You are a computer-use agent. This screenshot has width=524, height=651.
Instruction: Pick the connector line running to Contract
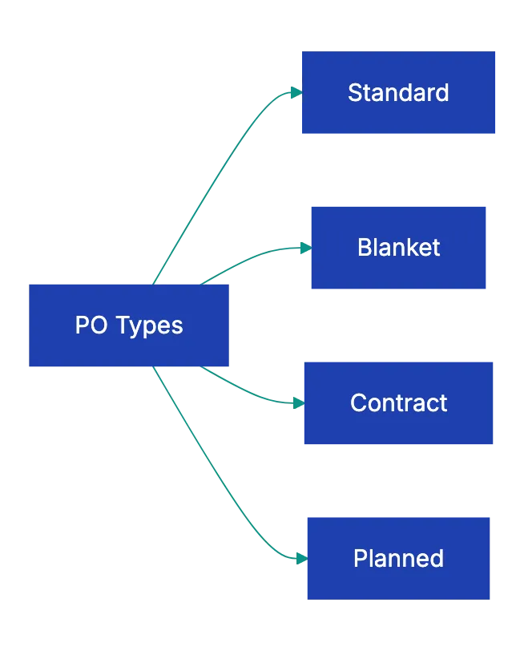248,393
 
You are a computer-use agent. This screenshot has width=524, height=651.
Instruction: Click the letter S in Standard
354,93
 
